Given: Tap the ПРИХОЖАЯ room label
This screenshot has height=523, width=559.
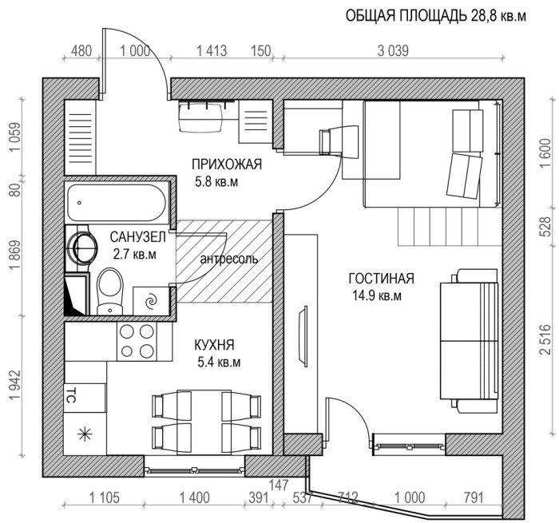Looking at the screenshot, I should coord(227,165).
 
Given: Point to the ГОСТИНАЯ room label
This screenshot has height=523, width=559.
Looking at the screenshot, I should coord(381,279).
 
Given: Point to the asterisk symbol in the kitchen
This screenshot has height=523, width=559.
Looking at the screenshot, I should coord(83,436).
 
